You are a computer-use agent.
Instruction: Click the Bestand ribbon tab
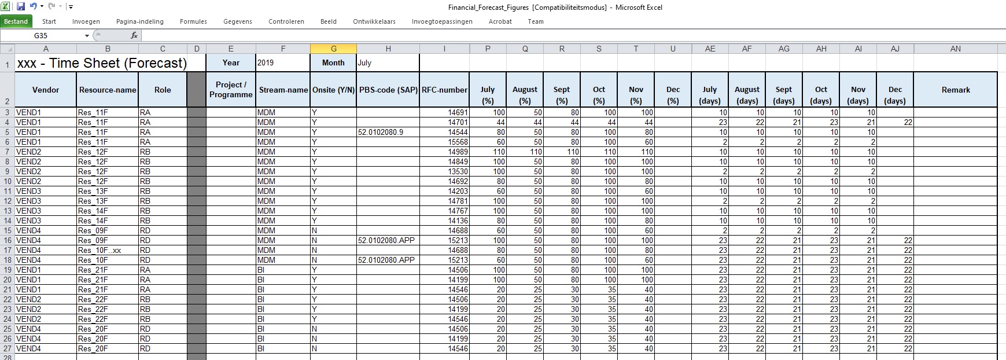coord(16,21)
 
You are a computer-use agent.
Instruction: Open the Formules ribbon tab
coord(193,21)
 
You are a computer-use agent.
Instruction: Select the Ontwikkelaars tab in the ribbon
coord(374,21)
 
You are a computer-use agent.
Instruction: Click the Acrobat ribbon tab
coord(500,21)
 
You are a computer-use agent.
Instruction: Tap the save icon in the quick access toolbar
coord(21,7)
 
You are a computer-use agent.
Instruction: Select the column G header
coord(333,49)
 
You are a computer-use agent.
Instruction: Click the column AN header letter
coord(955,49)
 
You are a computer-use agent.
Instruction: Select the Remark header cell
coord(955,90)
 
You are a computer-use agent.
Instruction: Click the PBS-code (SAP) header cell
coord(388,90)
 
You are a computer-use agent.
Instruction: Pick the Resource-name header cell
coord(108,90)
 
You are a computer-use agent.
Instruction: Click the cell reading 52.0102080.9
coord(381,132)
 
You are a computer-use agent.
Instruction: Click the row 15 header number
coord(7,230)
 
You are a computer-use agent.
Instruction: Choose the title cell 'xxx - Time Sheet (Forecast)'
coord(102,63)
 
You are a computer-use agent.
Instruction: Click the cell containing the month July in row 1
coord(387,63)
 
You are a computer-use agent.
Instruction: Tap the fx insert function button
coord(134,35)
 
